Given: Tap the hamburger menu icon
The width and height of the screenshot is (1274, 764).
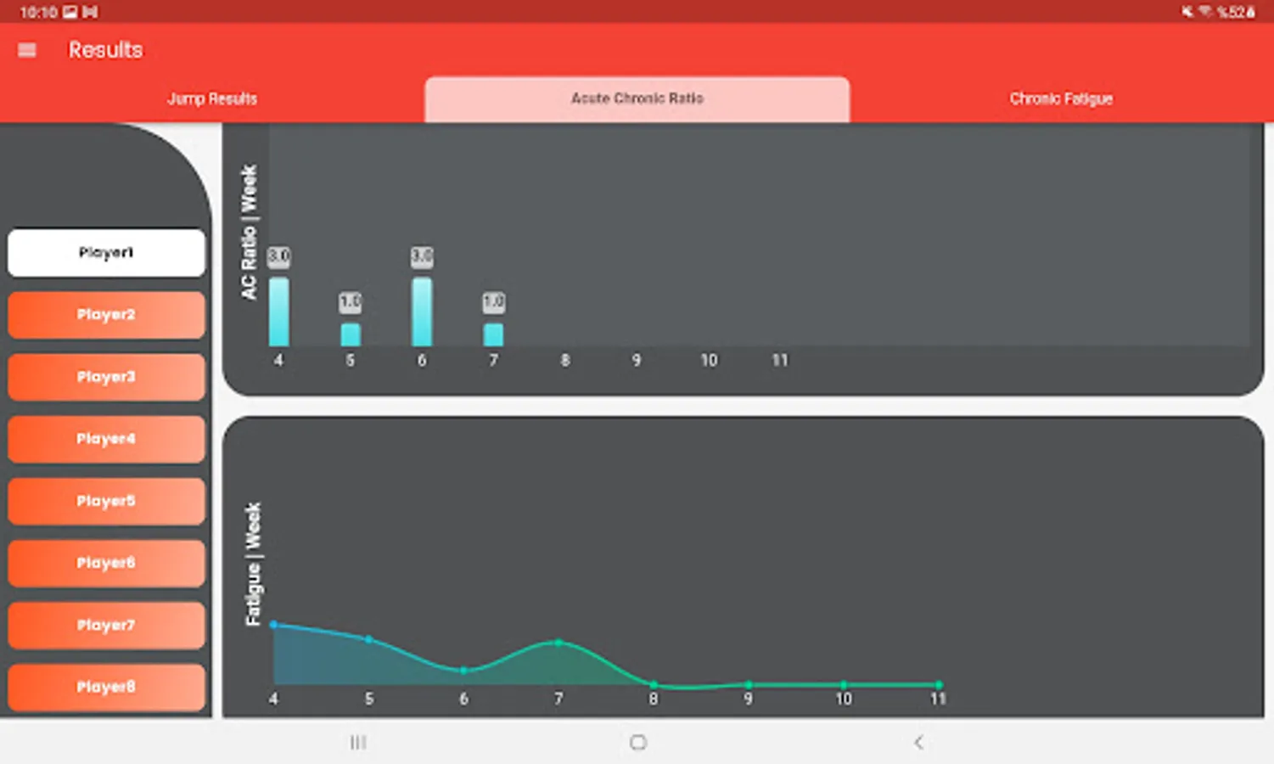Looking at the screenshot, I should pos(27,50).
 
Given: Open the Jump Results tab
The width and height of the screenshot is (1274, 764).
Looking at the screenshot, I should pos(212,98).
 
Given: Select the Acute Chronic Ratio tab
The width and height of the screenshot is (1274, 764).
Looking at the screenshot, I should pos(637,98).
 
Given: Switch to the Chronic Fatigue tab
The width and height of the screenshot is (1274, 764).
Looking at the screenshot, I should pos(1061,98).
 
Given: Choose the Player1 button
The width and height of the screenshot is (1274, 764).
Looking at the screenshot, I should pos(106,252).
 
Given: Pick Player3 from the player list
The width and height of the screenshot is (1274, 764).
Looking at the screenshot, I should pos(106,377).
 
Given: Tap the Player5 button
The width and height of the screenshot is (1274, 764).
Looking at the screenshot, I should pos(106,501).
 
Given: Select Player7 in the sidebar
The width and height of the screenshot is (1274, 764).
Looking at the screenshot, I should pos(106,625).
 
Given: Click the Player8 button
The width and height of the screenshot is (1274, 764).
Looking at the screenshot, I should pos(106,687).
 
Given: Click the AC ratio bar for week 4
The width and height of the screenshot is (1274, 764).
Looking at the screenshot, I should pos(278,312).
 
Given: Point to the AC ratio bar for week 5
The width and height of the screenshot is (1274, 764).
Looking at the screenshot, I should pos(351,334).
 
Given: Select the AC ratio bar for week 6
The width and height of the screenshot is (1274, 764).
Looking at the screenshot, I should pos(422,312).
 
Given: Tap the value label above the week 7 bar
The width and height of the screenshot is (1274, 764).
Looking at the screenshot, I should pos(493,301).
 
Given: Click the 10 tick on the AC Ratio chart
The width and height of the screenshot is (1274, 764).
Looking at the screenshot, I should pos(709,361).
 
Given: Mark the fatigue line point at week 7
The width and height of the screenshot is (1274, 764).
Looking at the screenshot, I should pos(558,643).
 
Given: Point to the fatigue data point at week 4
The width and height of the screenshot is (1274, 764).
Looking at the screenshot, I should pos(273,625).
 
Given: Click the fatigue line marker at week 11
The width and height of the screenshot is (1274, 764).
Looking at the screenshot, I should pos(939,684).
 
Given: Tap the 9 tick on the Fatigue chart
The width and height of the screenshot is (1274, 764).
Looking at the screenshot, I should pos(748,699).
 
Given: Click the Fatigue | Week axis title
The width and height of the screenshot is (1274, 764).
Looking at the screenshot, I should pos(253,565).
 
